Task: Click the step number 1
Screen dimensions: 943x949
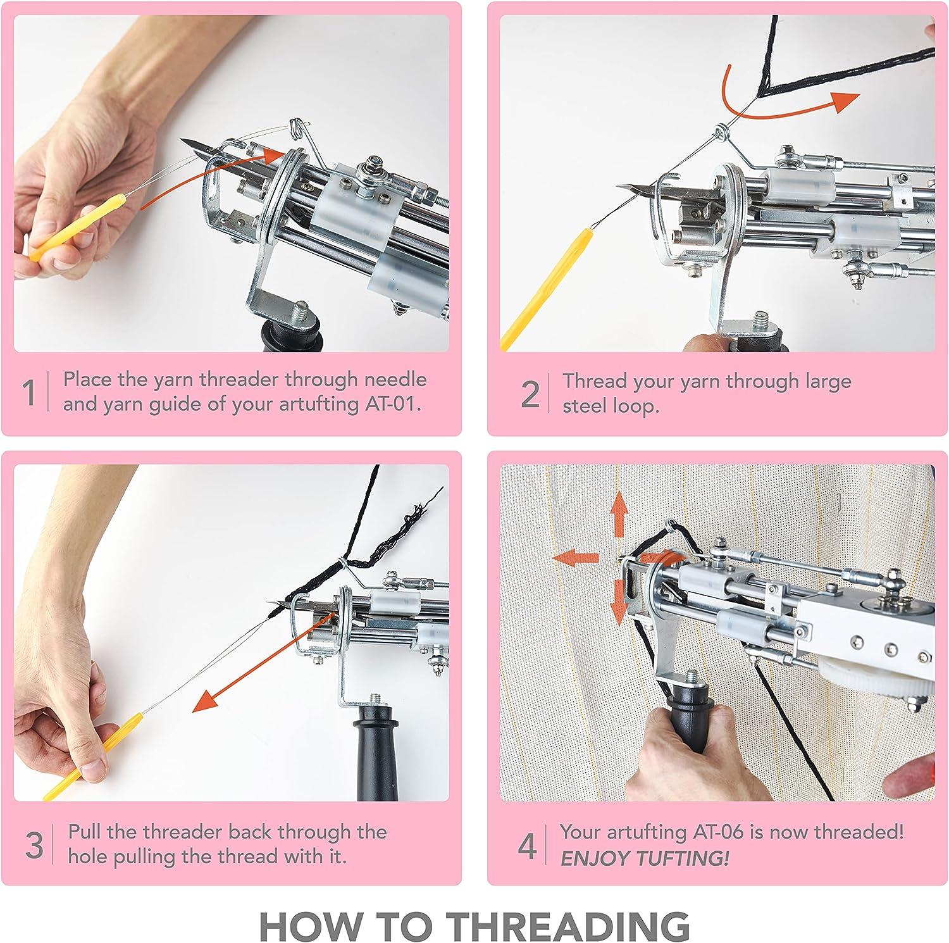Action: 28,392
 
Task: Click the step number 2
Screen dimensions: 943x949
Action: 530,394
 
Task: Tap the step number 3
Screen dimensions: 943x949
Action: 34,845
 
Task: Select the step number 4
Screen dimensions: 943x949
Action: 527,846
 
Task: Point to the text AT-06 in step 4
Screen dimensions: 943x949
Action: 714,832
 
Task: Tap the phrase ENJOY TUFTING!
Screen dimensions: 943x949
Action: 645,858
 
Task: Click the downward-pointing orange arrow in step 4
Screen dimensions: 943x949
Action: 618,601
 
